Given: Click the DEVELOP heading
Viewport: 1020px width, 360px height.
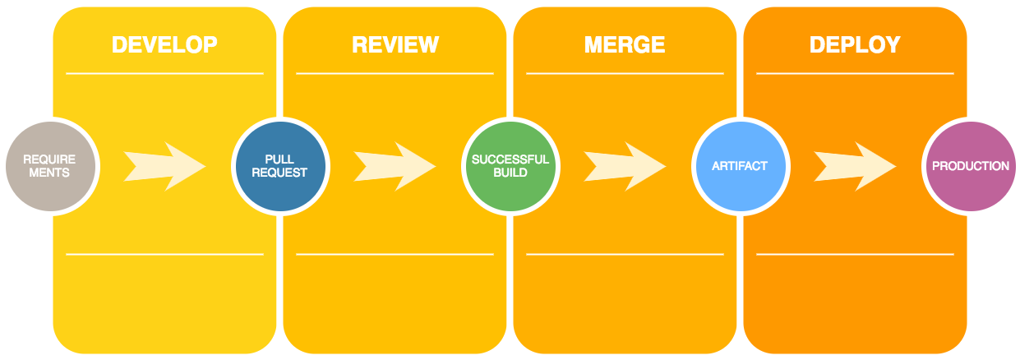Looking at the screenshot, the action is tap(164, 44).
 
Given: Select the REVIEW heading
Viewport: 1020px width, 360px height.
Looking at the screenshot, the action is tap(395, 44).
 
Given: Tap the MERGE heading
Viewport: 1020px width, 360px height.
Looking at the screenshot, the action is tap(625, 44).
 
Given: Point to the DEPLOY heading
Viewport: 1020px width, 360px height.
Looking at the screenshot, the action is tap(855, 44).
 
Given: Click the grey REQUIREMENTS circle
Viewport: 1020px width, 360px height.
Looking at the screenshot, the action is tap(50, 166).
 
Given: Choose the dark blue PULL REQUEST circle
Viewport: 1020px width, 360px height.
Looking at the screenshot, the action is tap(280, 166).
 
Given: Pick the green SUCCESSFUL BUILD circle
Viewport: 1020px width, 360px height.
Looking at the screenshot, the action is tap(510, 166).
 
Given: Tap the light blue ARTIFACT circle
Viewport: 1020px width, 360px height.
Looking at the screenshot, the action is tap(741, 166).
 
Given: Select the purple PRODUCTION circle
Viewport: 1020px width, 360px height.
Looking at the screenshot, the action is tap(971, 166).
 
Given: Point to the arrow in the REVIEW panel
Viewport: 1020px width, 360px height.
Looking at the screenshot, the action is tap(395, 166).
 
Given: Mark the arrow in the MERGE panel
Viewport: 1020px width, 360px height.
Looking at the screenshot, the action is tap(625, 166).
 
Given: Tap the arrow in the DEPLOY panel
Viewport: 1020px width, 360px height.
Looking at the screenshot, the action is tap(855, 166).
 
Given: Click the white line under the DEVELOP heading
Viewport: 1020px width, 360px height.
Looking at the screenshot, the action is tap(165, 73).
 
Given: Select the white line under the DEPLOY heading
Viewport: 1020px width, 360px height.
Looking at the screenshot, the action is tap(855, 73).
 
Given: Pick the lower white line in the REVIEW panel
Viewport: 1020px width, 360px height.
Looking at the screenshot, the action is tap(395, 254).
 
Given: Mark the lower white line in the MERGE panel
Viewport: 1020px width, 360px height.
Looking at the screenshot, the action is tap(625, 254).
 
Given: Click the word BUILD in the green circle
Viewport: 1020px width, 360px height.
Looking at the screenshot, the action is tap(510, 173).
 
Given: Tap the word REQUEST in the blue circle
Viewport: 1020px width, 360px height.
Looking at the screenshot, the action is tap(279, 173).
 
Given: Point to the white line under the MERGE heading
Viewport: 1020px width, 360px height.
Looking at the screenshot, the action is tap(625, 73).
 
